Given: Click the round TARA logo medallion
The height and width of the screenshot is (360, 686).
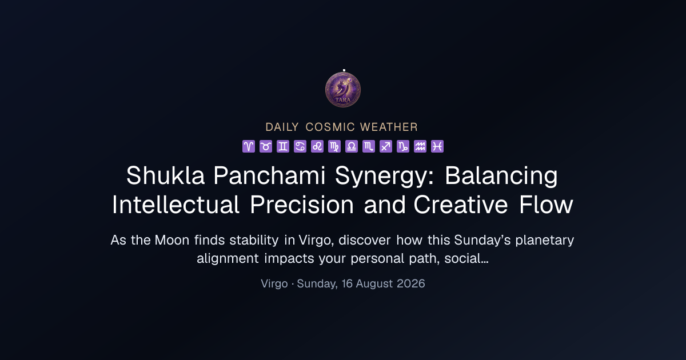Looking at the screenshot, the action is pyautogui.click(x=342, y=90).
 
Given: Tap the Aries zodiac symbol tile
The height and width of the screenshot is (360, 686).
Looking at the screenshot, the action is pyautogui.click(x=249, y=146).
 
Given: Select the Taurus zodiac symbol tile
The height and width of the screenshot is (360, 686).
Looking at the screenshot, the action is pyautogui.click(x=266, y=146).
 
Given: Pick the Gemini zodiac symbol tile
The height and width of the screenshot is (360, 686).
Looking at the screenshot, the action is pyautogui.click(x=283, y=146).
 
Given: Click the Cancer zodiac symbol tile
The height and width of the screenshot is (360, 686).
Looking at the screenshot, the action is pyautogui.click(x=300, y=146).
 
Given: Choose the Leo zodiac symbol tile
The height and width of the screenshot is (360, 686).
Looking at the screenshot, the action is pyautogui.click(x=317, y=146).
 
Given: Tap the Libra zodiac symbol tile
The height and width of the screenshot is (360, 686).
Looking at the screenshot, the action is pyautogui.click(x=352, y=146).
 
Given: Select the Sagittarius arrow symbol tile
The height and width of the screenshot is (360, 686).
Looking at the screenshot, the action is pyautogui.click(x=386, y=146).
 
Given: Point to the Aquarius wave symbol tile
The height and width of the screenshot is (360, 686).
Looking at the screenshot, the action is pyautogui.click(x=420, y=146).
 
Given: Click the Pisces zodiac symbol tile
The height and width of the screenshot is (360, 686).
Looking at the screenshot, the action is pyautogui.click(x=437, y=146).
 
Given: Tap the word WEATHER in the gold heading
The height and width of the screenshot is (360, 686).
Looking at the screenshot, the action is pyautogui.click(x=389, y=127).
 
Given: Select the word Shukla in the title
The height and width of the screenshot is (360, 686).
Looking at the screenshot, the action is pyautogui.click(x=165, y=175).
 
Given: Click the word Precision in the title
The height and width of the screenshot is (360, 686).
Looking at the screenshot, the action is pyautogui.click(x=302, y=205).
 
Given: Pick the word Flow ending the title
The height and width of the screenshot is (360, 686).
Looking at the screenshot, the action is pyautogui.click(x=546, y=205).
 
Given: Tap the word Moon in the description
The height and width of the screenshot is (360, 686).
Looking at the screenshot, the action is pyautogui.click(x=172, y=240).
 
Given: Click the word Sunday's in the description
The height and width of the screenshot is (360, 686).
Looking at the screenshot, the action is pyautogui.click(x=482, y=240).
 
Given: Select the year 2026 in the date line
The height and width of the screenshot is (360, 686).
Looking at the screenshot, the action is pyautogui.click(x=410, y=283).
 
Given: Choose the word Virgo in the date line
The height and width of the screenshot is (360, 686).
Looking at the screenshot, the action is pyautogui.click(x=274, y=284).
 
